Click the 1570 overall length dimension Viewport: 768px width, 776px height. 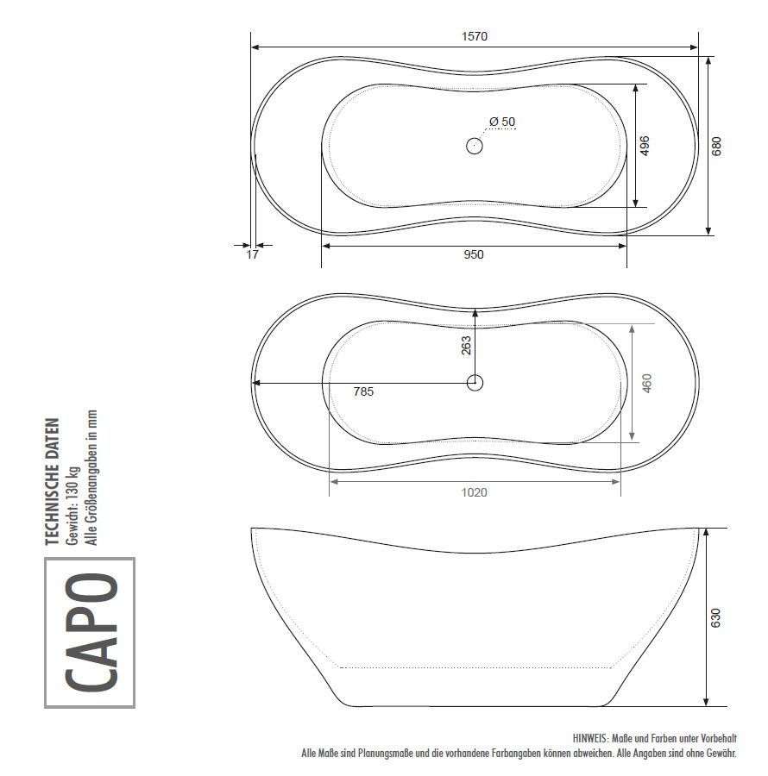point(475,36)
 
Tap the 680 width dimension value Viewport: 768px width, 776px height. point(716,146)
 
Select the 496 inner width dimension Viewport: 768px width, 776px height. point(645,146)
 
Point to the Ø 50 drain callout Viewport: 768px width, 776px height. point(502,122)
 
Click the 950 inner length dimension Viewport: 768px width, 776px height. point(474,254)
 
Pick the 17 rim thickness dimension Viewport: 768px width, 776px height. point(253,254)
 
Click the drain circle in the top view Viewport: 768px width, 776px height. point(475,146)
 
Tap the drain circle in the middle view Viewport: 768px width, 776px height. point(475,383)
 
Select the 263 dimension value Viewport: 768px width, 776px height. point(466,346)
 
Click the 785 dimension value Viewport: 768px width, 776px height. point(363,392)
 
